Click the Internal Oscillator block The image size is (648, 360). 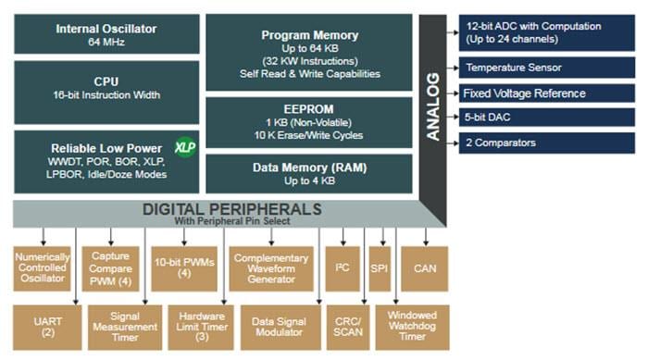tap(106, 33)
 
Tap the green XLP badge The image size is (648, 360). tap(184, 147)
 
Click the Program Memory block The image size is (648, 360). tap(310, 52)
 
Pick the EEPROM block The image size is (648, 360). tap(310, 122)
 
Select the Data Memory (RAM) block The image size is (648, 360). tap(310, 173)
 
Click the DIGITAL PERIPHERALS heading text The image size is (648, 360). tap(231, 210)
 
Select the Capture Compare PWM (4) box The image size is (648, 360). tap(111, 268)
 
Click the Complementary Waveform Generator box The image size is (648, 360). tap(271, 268)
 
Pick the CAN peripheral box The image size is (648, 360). tap(425, 268)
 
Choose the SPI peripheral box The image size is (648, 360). tap(380, 268)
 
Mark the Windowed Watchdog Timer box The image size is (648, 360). tap(412, 327)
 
